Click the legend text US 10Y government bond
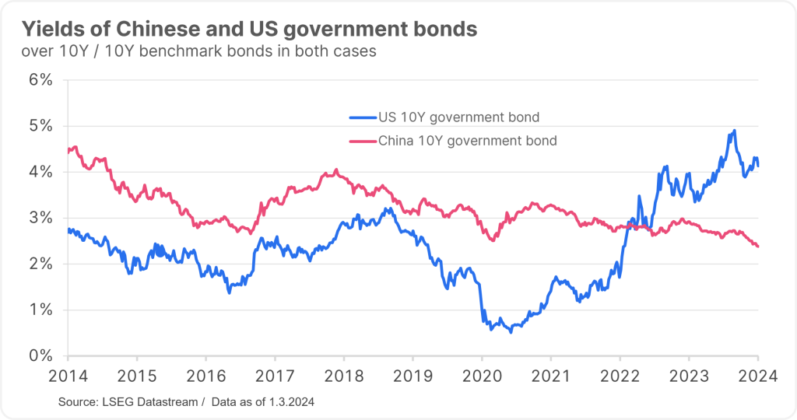pyautogui.click(x=458, y=117)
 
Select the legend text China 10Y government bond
pyautogui.click(x=468, y=141)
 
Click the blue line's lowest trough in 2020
pyautogui.click(x=511, y=332)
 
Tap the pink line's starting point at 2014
pyautogui.click(x=68, y=152)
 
